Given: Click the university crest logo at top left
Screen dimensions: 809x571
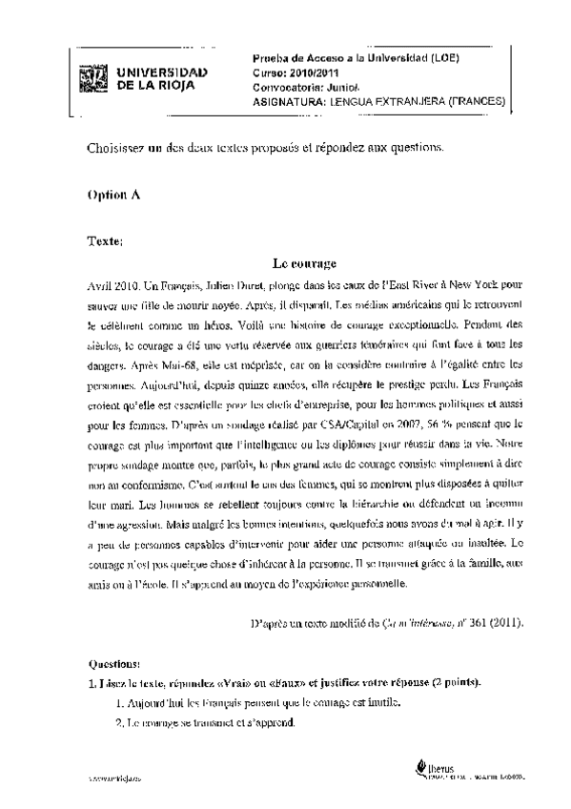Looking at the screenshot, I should coord(92,78).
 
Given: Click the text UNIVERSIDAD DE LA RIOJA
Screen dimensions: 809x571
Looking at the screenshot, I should coord(156,78).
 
